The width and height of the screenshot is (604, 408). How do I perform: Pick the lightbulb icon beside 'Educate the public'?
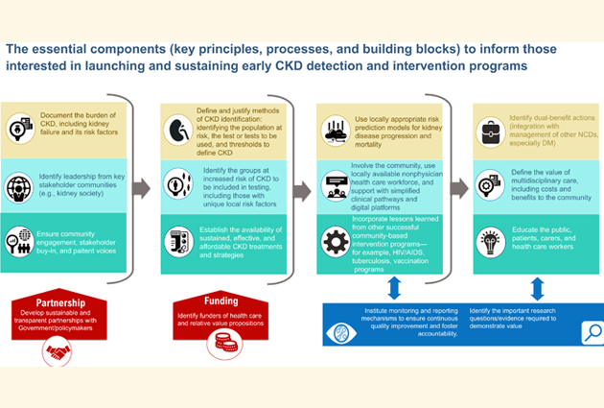click(x=490, y=240)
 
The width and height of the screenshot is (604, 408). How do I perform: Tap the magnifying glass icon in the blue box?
click(x=591, y=332)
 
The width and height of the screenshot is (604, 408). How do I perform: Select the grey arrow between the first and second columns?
click(x=140, y=188)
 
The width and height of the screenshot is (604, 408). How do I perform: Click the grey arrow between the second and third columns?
click(x=300, y=188)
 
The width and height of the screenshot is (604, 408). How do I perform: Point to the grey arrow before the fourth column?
click(x=458, y=188)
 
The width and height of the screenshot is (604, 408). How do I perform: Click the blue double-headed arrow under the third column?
click(x=393, y=289)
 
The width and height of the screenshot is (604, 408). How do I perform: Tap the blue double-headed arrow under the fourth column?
click(x=537, y=289)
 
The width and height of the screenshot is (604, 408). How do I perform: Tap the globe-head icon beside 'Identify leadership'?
click(x=20, y=185)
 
